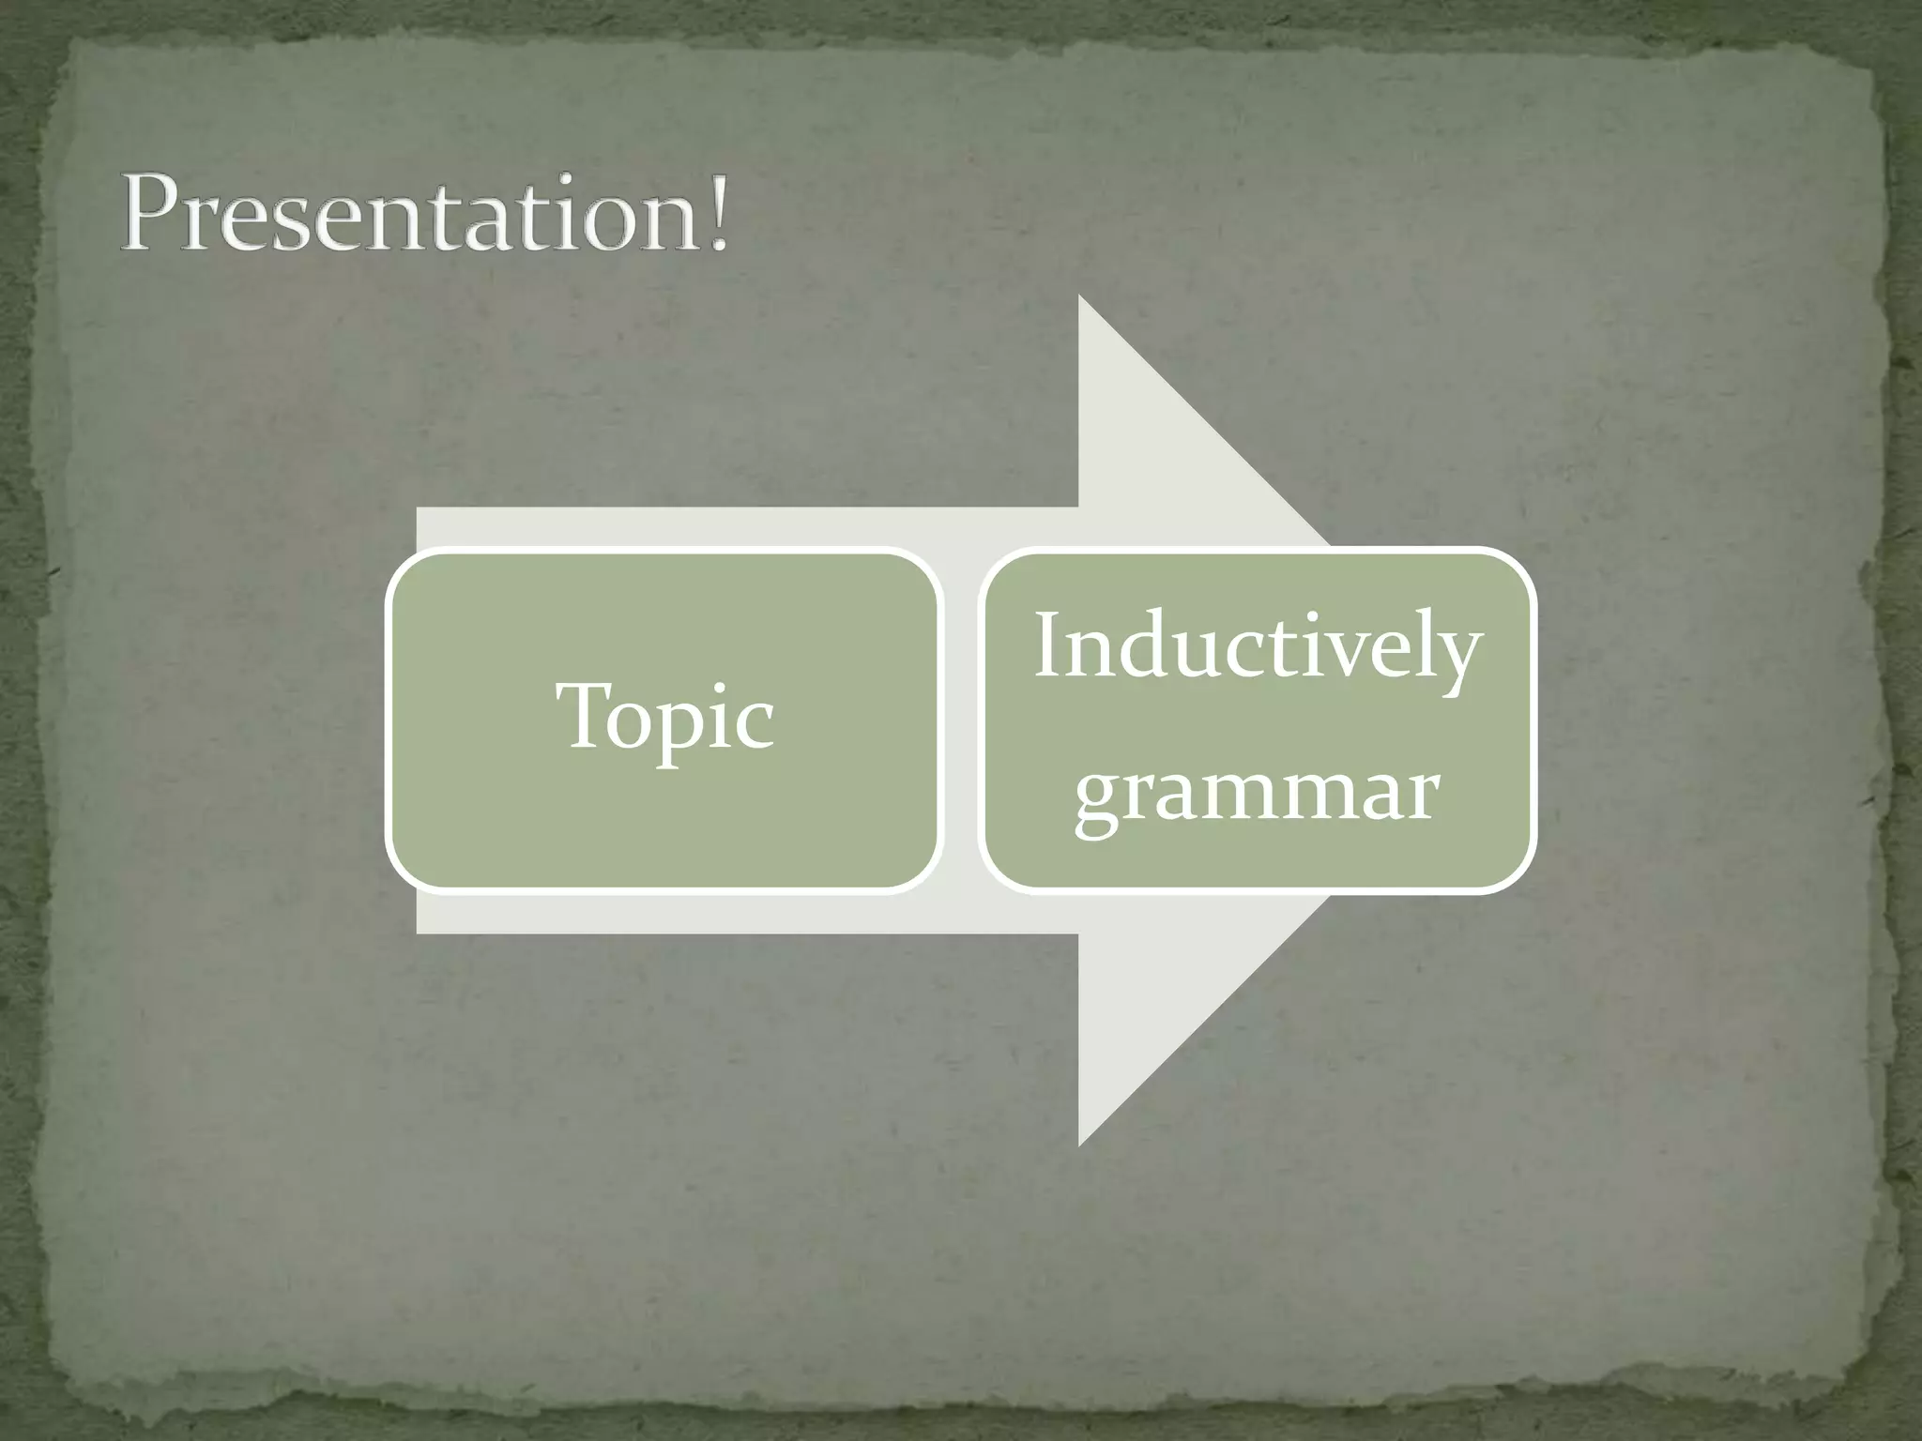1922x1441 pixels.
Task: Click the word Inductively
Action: (x=1258, y=647)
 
